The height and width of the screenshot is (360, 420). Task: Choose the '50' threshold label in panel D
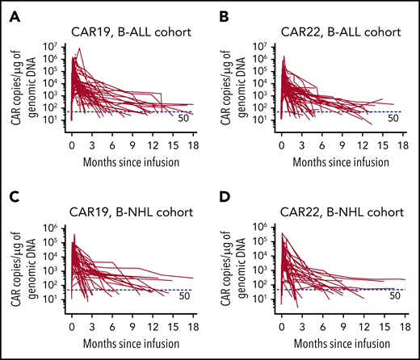(395, 295)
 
